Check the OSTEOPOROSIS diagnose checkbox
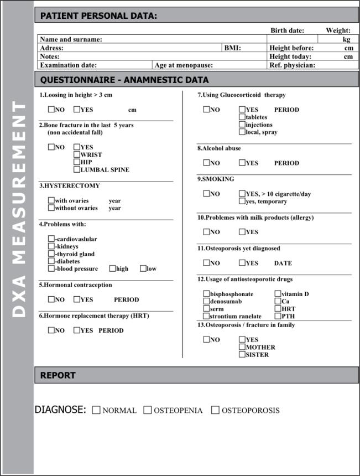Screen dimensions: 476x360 (x=216, y=410)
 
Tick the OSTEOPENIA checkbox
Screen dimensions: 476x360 (x=148, y=410)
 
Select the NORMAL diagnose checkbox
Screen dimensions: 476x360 (x=96, y=410)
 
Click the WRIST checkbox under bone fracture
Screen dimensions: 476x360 (x=77, y=155)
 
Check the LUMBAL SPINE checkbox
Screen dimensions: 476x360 (x=77, y=169)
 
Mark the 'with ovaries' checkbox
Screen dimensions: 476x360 (x=51, y=200)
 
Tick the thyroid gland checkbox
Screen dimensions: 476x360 (x=51, y=254)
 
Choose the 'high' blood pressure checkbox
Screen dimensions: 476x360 (x=112, y=268)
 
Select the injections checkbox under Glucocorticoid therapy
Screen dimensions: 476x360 (x=242, y=125)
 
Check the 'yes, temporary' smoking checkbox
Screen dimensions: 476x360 (x=242, y=201)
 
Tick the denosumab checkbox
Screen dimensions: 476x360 (x=206, y=301)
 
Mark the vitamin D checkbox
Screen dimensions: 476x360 (x=278, y=294)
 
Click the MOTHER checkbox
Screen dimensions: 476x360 (x=242, y=347)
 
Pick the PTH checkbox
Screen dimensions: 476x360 (x=278, y=315)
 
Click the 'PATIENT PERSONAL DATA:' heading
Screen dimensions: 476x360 (x=98, y=16)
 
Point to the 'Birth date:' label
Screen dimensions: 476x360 (x=287, y=30)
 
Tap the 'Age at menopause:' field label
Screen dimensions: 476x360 (x=184, y=65)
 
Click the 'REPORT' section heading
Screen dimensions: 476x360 (x=58, y=375)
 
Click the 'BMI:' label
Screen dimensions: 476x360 (x=232, y=48)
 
